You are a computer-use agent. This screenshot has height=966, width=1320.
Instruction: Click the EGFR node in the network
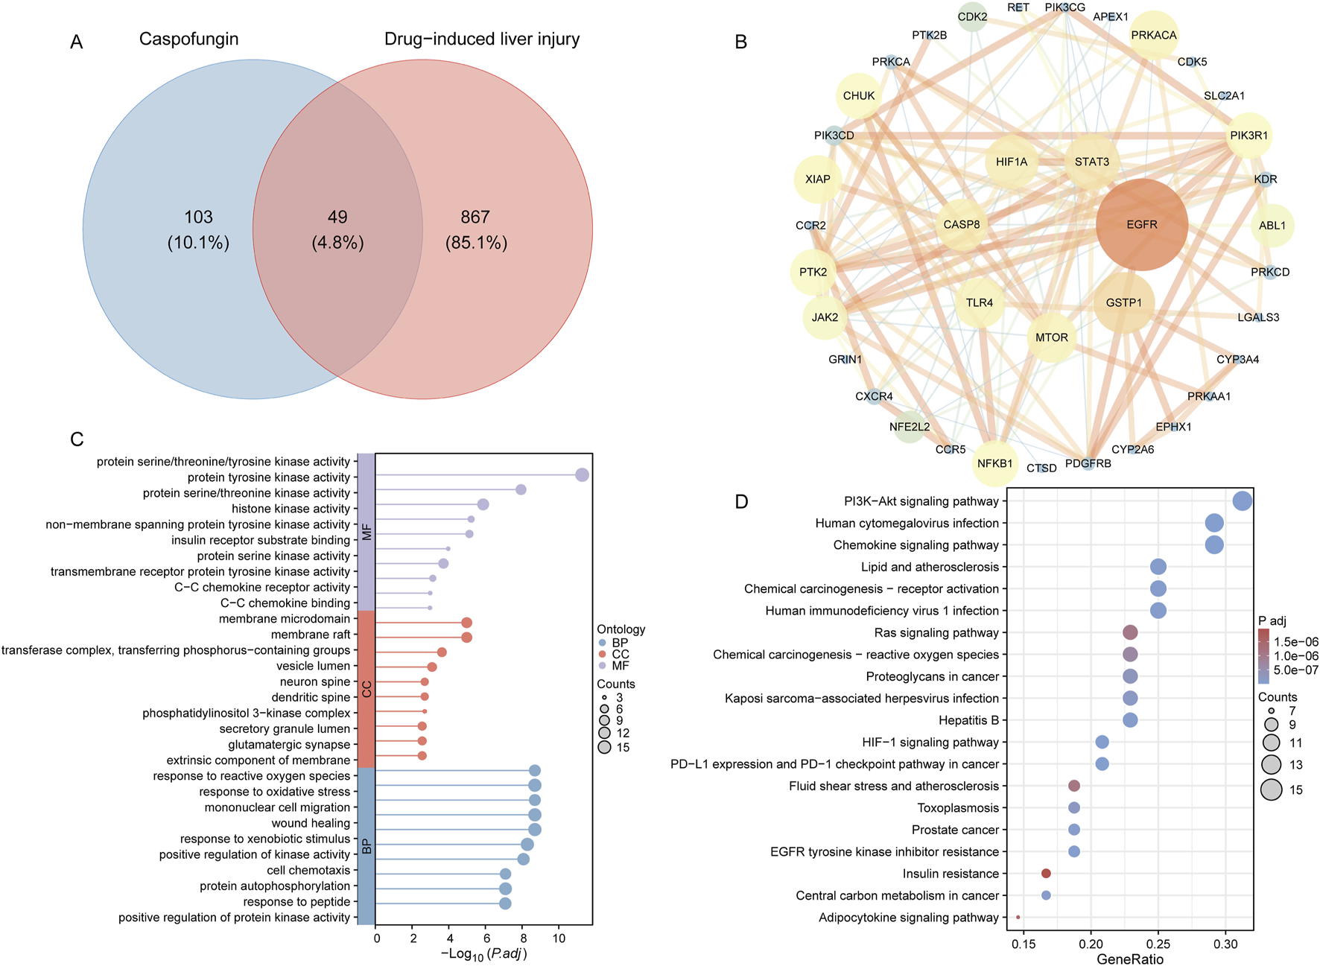point(1141,224)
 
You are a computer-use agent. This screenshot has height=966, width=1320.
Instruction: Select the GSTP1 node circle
point(1123,302)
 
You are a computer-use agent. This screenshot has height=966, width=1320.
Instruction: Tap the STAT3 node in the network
point(1091,162)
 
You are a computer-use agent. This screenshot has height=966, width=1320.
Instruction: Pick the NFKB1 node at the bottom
point(994,463)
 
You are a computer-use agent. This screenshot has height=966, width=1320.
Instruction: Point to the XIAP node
point(817,179)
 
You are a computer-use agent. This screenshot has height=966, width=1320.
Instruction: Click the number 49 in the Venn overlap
point(337,217)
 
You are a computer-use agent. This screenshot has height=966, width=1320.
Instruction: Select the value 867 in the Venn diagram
point(475,217)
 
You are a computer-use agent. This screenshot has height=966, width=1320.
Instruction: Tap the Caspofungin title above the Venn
point(188,39)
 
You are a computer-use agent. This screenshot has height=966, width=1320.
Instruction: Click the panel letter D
point(740,501)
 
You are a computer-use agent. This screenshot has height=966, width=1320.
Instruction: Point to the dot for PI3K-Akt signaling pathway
point(1242,501)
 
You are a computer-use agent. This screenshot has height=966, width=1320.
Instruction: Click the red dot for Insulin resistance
point(1046,873)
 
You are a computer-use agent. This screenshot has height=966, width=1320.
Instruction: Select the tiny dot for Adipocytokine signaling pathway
point(1018,917)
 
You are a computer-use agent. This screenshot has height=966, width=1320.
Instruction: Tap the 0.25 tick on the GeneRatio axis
point(1158,944)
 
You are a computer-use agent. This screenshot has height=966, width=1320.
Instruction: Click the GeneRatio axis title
point(1130,959)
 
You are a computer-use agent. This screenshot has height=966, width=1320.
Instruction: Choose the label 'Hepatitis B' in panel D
point(968,720)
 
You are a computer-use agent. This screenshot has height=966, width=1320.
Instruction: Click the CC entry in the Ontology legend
point(620,654)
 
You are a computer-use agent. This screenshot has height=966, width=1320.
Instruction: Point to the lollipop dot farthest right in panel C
point(583,475)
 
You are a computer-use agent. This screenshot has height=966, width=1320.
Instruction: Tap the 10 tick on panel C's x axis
point(559,938)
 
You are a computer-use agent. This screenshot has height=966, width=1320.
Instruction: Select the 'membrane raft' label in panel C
point(310,635)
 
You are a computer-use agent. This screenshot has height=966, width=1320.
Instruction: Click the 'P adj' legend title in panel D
point(1272,621)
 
